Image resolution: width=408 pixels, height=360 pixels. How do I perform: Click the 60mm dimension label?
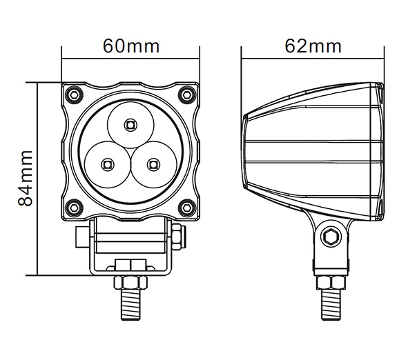[131, 46]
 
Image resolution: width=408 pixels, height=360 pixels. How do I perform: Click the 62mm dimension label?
[313, 46]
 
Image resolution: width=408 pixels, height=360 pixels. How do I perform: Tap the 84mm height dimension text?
[26, 178]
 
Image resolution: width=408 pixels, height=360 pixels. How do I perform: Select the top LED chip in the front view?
[130, 125]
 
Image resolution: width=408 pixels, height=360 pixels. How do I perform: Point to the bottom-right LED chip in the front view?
[153, 164]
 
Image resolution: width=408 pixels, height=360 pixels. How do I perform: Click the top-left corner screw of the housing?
[74, 94]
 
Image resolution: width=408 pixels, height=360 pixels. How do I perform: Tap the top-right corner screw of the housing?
[187, 94]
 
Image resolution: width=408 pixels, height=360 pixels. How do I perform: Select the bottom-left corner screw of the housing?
[74, 208]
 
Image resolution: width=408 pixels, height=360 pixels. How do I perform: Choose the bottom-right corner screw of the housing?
[187, 208]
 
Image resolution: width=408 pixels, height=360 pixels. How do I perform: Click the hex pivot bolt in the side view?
[331, 237]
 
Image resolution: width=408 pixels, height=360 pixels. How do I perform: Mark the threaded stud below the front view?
[130, 304]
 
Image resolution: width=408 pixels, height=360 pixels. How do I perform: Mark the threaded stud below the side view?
[331, 304]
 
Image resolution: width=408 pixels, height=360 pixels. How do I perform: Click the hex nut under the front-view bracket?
[130, 282]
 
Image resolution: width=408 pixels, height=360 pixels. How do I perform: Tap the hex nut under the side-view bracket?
[331, 283]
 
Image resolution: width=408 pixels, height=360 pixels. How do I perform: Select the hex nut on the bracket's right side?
[178, 237]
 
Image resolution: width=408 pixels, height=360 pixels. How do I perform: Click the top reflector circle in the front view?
[130, 125]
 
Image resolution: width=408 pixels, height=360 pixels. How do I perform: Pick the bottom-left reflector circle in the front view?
[108, 164]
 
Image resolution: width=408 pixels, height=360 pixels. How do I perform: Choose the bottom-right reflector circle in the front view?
[153, 164]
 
